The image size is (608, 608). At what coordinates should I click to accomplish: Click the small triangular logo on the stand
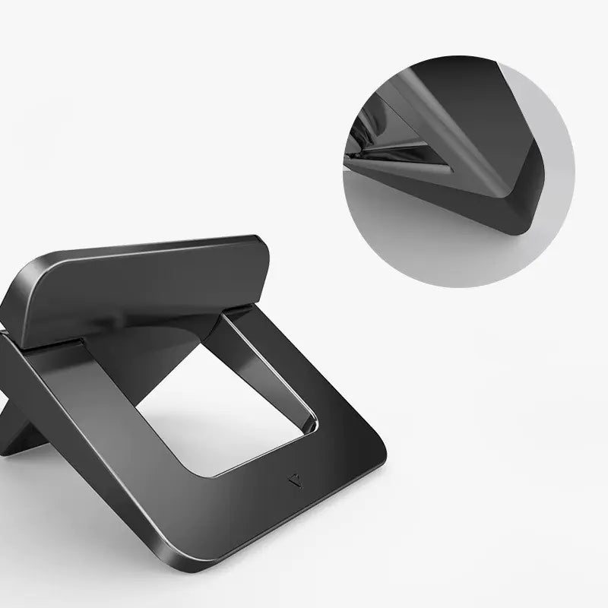[296, 480]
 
